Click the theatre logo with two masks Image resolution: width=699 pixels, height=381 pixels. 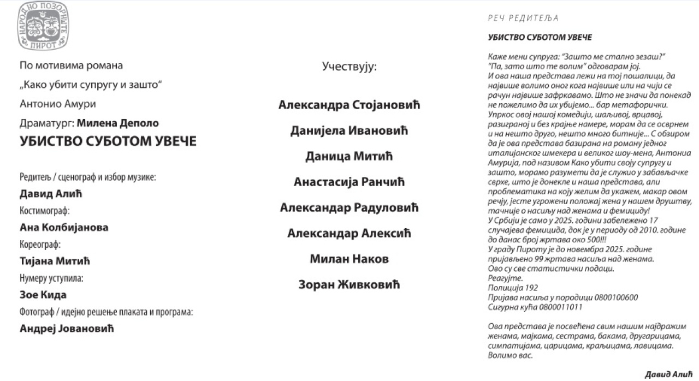[43, 26]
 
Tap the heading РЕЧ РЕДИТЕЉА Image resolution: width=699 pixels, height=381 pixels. [523, 18]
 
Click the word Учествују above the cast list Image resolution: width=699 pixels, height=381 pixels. [349, 67]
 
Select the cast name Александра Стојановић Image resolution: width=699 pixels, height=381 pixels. [349, 105]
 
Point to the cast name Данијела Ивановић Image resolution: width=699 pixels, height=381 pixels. [349, 130]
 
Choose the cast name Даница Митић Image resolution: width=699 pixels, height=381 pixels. [349, 156]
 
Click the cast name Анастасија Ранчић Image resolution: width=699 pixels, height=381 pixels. [349, 182]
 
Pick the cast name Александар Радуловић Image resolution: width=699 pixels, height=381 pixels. [349, 207]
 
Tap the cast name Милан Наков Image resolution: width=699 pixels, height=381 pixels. [349, 259]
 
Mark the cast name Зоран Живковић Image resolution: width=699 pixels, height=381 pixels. [349, 284]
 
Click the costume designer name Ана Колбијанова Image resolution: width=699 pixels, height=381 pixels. [64, 227]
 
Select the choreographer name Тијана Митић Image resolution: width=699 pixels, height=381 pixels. [55, 261]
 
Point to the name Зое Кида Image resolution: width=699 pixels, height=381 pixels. [43, 295]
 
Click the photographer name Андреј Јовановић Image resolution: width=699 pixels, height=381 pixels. [67, 328]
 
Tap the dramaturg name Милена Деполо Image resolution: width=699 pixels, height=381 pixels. [118, 123]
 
